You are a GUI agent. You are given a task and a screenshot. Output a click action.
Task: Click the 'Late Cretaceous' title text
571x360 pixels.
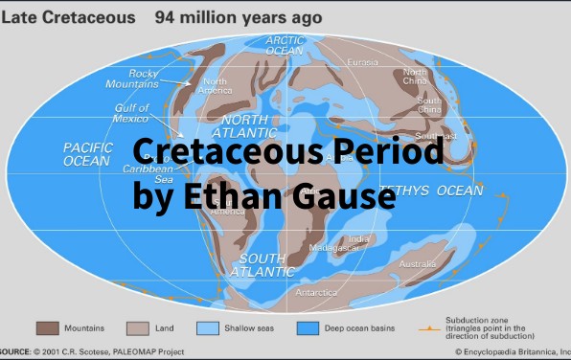[67, 16]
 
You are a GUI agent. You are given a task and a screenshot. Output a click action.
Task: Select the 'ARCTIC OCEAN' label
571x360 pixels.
[285, 45]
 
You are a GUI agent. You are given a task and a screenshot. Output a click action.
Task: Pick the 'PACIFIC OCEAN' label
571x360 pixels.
[87, 154]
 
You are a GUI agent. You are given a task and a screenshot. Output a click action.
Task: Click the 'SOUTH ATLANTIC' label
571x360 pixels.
[266, 265]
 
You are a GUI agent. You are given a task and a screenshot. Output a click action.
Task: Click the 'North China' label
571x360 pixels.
[415, 78]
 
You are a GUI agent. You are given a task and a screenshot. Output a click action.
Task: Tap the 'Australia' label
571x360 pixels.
[417, 263]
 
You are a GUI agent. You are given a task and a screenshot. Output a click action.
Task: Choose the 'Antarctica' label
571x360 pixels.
[315, 292]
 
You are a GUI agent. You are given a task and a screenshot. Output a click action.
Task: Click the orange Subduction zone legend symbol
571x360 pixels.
[427, 328]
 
